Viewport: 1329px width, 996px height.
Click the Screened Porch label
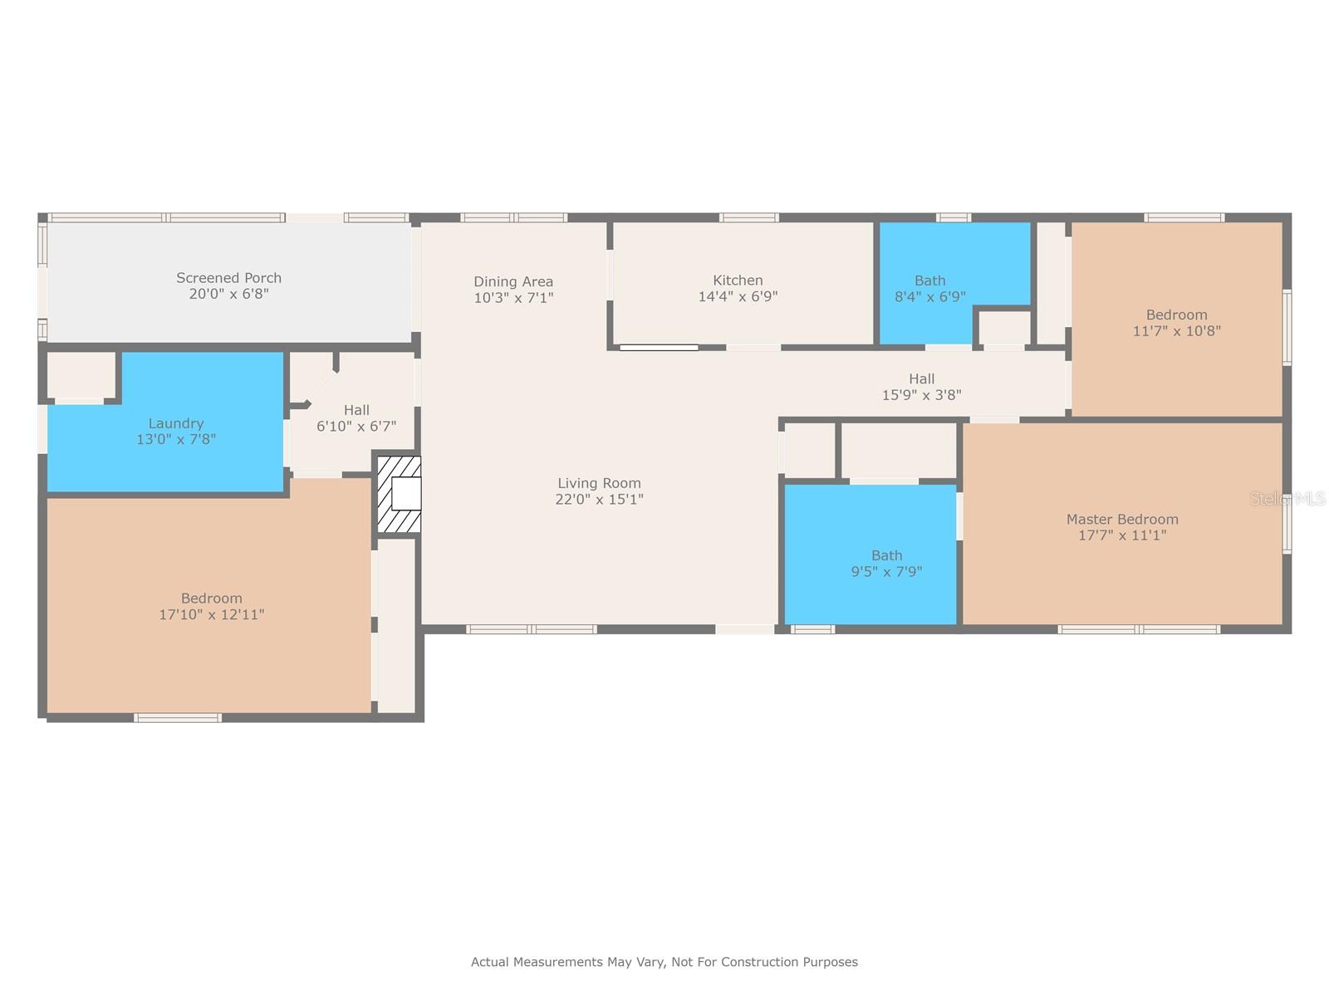click(229, 277)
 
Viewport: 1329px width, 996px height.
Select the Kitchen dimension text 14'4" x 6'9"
click(738, 296)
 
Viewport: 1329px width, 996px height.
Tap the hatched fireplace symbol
click(399, 494)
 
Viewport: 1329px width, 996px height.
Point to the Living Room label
click(599, 483)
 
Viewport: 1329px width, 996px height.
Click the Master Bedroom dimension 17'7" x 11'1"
click(1122, 535)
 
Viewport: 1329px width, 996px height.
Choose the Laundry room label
click(176, 423)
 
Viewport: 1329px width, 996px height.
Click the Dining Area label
click(513, 282)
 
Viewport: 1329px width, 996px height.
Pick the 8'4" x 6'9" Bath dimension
click(930, 296)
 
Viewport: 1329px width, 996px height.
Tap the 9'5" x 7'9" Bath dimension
click(886, 572)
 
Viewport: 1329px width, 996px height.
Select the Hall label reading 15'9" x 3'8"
click(921, 387)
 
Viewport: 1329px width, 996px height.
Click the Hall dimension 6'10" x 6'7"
click(356, 427)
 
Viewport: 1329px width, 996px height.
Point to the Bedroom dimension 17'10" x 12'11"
click(211, 614)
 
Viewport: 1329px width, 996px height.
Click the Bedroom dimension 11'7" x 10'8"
click(1176, 331)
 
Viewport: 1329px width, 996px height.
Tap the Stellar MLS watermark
click(1287, 499)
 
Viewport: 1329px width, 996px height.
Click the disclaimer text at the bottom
click(664, 961)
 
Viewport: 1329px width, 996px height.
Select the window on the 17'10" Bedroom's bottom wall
click(178, 718)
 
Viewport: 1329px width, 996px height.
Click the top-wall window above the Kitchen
click(749, 217)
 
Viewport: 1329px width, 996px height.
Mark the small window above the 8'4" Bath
click(954, 217)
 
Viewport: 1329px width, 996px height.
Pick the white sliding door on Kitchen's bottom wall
click(659, 348)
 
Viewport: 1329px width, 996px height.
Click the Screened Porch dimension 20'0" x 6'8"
click(229, 294)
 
